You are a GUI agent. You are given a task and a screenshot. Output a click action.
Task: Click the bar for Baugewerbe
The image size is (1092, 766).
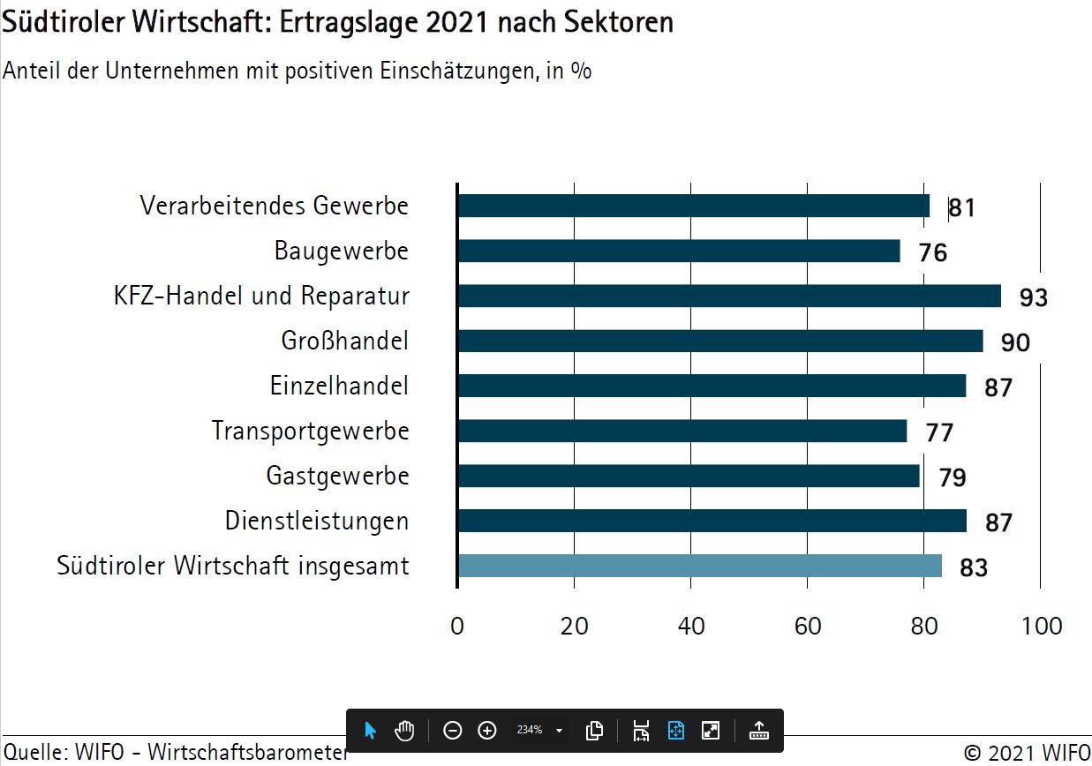(x=678, y=251)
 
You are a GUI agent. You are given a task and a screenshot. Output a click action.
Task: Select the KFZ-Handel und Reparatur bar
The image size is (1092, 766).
(x=728, y=296)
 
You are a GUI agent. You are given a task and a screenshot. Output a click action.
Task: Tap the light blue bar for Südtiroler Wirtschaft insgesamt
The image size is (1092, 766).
(x=699, y=566)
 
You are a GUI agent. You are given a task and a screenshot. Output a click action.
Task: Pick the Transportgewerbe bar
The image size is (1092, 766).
(x=682, y=431)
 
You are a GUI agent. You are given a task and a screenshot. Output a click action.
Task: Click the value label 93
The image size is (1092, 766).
(x=1033, y=297)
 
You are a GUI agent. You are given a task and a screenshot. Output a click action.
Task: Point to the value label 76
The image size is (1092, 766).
(x=932, y=253)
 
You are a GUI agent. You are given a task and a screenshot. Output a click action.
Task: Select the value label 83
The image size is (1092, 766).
(x=973, y=567)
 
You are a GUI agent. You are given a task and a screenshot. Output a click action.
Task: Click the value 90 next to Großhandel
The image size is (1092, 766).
(x=1015, y=342)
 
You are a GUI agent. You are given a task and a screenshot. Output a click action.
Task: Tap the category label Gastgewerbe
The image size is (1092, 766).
(x=337, y=477)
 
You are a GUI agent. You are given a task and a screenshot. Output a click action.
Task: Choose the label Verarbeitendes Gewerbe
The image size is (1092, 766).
(x=275, y=206)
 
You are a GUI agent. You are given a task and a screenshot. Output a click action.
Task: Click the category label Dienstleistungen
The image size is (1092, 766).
(x=317, y=522)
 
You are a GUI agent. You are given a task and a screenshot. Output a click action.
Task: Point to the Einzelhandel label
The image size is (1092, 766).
(x=339, y=386)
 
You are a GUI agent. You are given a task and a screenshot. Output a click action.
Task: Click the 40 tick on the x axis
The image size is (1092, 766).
(x=691, y=627)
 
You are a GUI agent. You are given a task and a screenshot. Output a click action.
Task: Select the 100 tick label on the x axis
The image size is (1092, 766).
(x=1042, y=627)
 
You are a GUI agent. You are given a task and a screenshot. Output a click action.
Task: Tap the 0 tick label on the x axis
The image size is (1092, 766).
(x=456, y=627)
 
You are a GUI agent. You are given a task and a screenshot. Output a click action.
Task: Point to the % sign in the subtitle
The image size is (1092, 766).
(x=580, y=71)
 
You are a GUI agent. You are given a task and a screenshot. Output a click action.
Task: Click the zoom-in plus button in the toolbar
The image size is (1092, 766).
(x=486, y=731)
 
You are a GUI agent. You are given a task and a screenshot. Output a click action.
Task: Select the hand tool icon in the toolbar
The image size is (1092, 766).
(x=404, y=731)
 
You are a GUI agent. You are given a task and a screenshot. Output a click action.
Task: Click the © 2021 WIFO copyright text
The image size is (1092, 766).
(x=1027, y=753)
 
